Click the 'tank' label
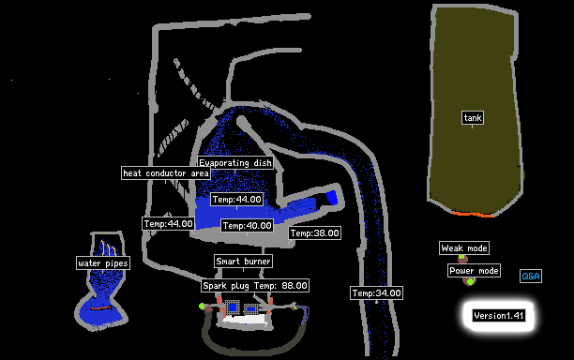coord(473,118)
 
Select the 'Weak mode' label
coord(464,248)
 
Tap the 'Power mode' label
coord(474,271)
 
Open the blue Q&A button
coord(531,277)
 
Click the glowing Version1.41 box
coord(499,316)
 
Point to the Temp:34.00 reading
coord(376,293)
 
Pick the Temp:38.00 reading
coord(315,233)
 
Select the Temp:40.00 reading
coord(248,225)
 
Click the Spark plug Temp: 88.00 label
coord(255,285)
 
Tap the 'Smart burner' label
coord(244,262)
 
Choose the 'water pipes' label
coord(103,263)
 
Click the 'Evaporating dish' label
coord(235,163)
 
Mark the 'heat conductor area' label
coord(166,173)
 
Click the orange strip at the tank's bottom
coord(473,214)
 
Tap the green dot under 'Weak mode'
coord(461,257)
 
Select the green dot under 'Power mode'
coord(470,281)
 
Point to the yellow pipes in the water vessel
coord(109,248)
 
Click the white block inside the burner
coord(245,320)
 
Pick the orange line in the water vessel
coord(100,308)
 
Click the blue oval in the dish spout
coord(332,198)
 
